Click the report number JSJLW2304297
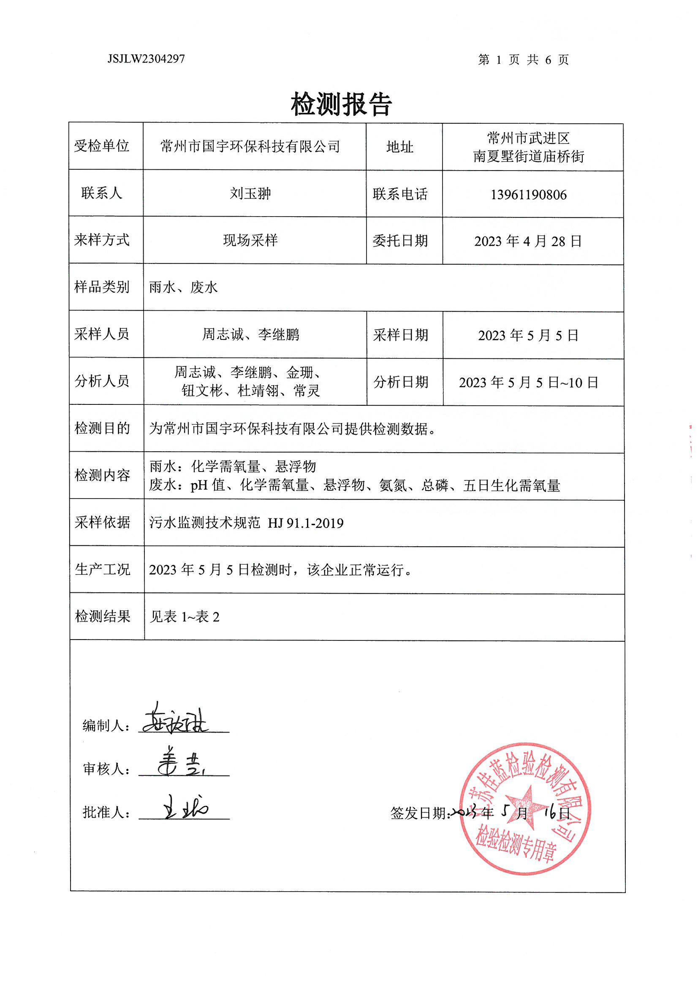pyautogui.click(x=146, y=59)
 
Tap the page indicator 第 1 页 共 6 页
pyautogui.click(x=523, y=60)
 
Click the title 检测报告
pyautogui.click(x=341, y=104)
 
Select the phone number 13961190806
pyautogui.click(x=528, y=195)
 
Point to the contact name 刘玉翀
pyautogui.click(x=250, y=193)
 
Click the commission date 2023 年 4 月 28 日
pyautogui.click(x=528, y=241)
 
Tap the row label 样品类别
pyautogui.click(x=102, y=287)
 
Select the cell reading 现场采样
pyautogui.click(x=250, y=240)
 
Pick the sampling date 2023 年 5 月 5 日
pyautogui.click(x=528, y=335)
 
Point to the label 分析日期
pyautogui.click(x=400, y=382)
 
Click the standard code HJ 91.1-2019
pyautogui.click(x=305, y=523)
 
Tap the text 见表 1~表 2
pyautogui.click(x=185, y=617)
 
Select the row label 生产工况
pyautogui.click(x=102, y=569)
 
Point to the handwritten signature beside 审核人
pyautogui.click(x=181, y=766)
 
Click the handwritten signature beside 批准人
pyautogui.click(x=185, y=808)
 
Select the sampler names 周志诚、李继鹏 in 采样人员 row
pyautogui.click(x=250, y=334)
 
